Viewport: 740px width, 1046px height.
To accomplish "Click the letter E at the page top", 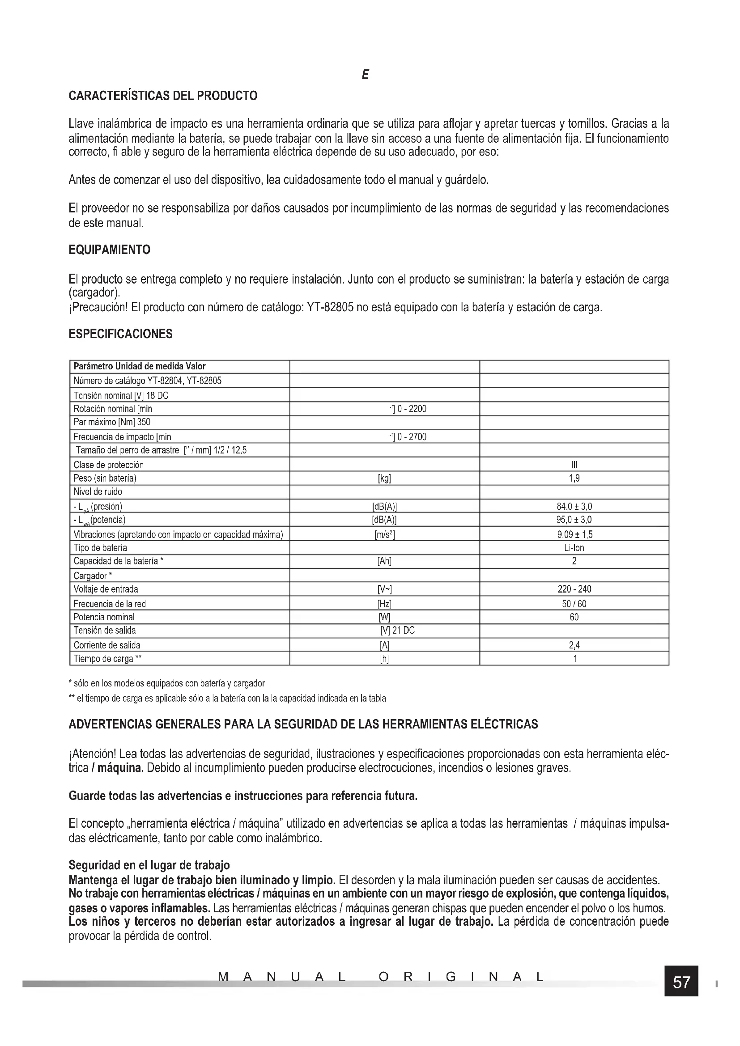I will pyautogui.click(x=365, y=75).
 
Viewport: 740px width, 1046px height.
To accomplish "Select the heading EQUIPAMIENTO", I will pyautogui.click(x=109, y=250).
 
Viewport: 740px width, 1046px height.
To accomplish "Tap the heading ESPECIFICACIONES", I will pyautogui.click(x=120, y=334).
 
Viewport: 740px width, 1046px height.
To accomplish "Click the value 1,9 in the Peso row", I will pyautogui.click(x=574, y=478).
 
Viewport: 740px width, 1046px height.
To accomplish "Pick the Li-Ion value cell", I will pyautogui.click(x=574, y=548).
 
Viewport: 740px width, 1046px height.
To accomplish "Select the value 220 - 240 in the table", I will pyautogui.click(x=574, y=589).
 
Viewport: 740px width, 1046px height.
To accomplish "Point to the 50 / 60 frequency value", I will pyautogui.click(x=574, y=604).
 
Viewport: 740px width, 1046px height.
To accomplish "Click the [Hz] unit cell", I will pyautogui.click(x=384, y=604).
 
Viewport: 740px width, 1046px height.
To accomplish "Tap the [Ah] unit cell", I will pyautogui.click(x=384, y=561).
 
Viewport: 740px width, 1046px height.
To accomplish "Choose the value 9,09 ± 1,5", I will pyautogui.click(x=574, y=534).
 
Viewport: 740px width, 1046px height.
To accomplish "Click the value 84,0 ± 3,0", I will pyautogui.click(x=574, y=506).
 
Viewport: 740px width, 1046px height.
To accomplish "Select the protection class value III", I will pyautogui.click(x=574, y=465).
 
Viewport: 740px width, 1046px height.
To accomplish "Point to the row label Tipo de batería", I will pyautogui.click(x=100, y=548).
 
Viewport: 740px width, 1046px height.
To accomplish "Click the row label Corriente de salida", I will pyautogui.click(x=107, y=645).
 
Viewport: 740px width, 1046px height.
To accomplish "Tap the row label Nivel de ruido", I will pyautogui.click(x=98, y=491).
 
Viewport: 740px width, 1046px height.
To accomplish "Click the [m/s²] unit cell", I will pyautogui.click(x=384, y=534).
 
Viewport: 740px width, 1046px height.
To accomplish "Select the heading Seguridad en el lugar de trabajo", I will pyautogui.click(x=149, y=865).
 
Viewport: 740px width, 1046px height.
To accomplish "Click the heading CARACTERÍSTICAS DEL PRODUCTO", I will pyautogui.click(x=163, y=96).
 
